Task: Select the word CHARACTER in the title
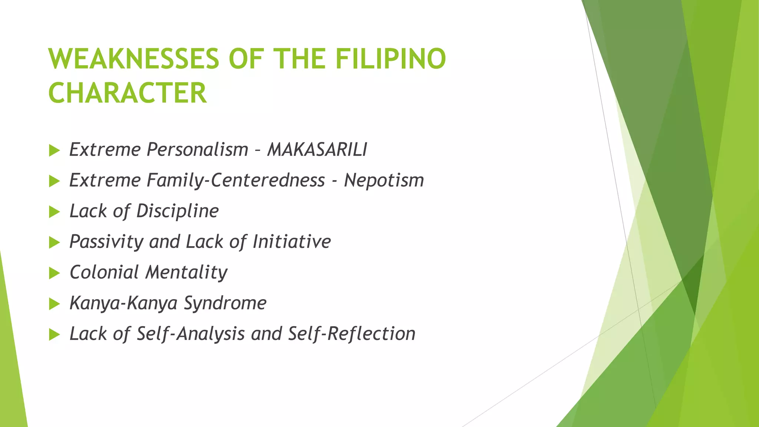click(x=127, y=93)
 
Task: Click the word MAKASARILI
click(x=317, y=150)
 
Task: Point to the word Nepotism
click(x=384, y=181)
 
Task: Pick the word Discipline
click(x=178, y=211)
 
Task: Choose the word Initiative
click(x=292, y=242)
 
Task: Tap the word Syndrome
click(x=225, y=303)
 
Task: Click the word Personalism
click(x=198, y=150)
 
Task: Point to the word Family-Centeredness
click(x=236, y=181)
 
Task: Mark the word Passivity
click(x=106, y=242)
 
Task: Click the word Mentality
click(x=186, y=272)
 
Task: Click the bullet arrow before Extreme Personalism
click(x=54, y=150)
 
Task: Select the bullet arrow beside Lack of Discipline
click(x=54, y=212)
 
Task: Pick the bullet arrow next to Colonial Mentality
click(x=54, y=274)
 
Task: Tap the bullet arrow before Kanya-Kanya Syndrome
click(x=54, y=304)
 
